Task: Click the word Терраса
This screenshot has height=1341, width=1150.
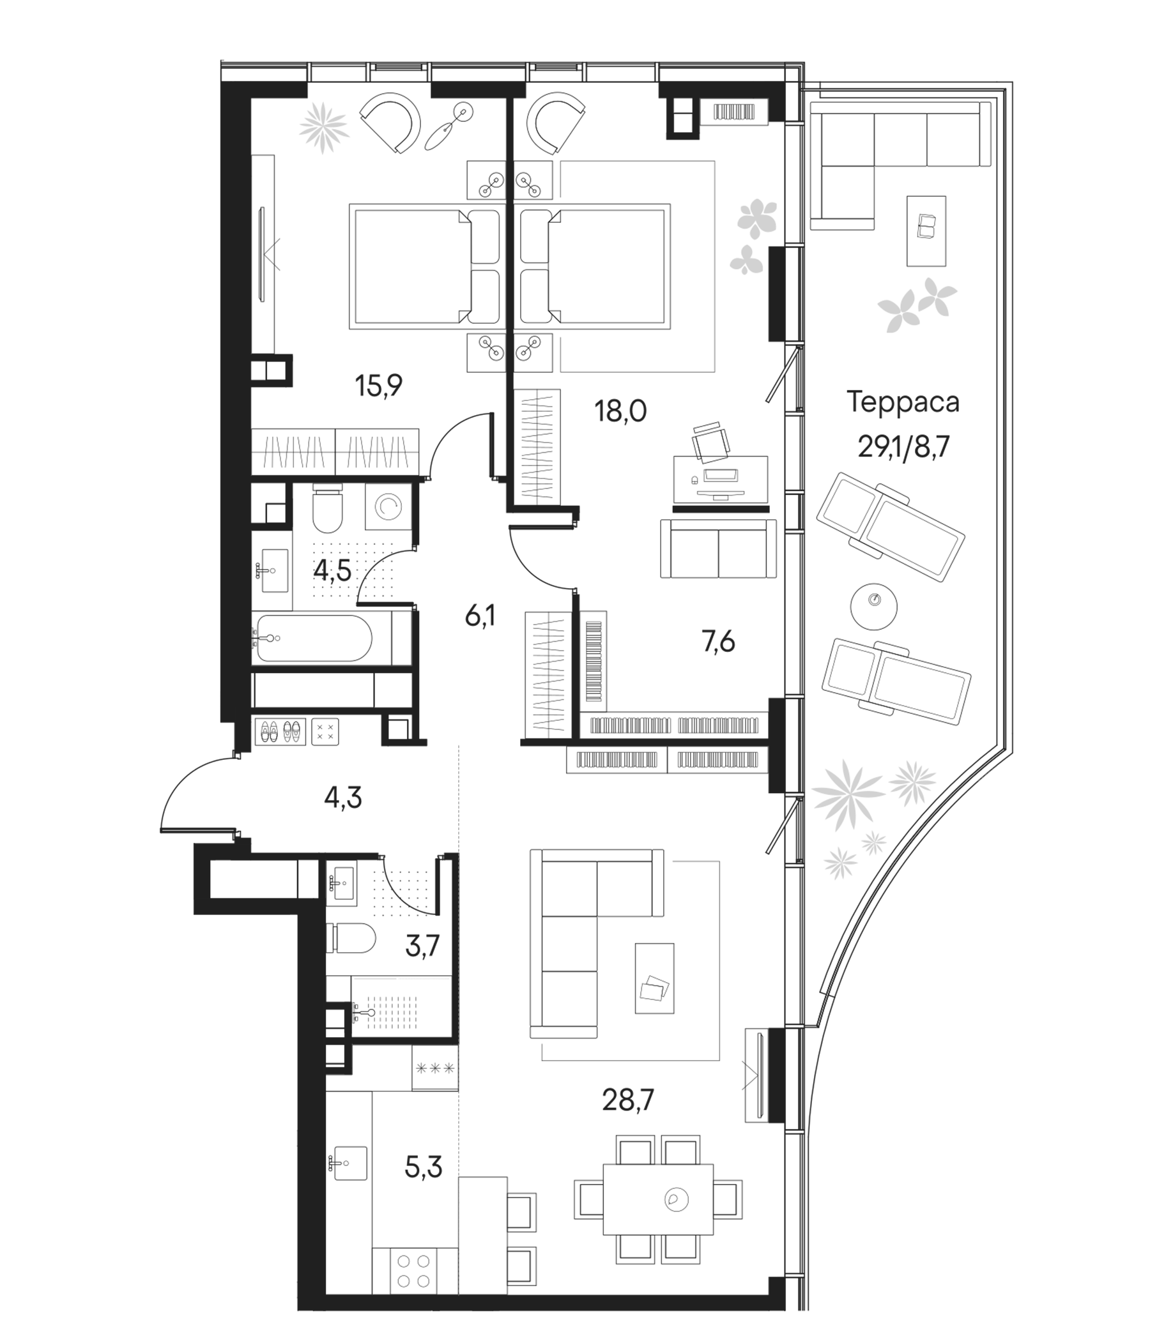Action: point(903,402)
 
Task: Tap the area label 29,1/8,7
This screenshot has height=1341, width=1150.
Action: point(903,446)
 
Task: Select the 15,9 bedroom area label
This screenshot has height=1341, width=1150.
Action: point(379,386)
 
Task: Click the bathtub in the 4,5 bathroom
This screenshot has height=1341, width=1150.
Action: point(315,638)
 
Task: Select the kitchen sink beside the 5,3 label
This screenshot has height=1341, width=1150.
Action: point(350,1163)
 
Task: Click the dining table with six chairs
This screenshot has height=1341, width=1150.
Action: point(658,1199)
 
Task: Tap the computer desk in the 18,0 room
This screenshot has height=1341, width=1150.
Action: point(720,479)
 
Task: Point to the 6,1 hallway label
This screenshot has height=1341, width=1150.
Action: point(480,617)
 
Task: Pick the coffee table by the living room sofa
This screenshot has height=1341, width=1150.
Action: point(654,977)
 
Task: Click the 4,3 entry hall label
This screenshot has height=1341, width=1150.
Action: point(342,798)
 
